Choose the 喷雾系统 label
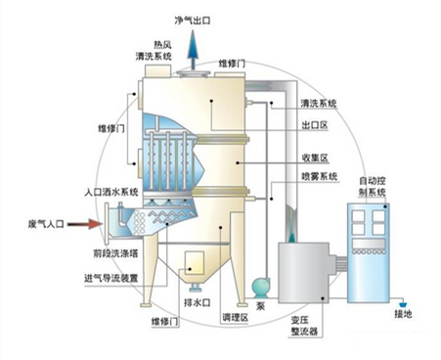320,177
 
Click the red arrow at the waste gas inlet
89,225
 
